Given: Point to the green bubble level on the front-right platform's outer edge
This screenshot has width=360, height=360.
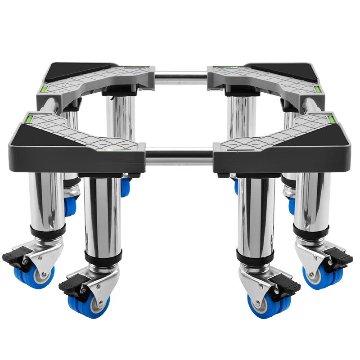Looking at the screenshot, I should coord(332,119).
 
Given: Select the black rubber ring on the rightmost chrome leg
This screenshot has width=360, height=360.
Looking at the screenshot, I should coord(311,230).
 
